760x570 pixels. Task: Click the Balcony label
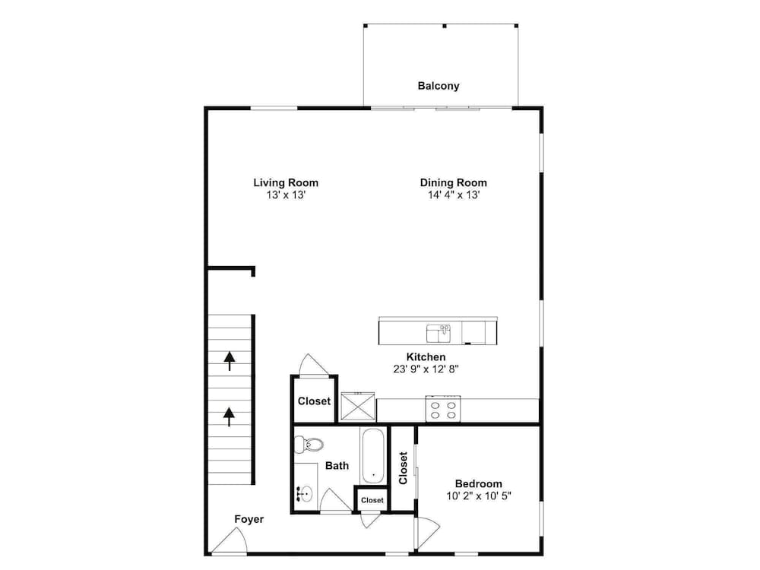coord(439,86)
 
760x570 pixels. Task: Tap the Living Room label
coord(286,182)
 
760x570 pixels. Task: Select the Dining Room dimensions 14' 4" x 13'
coord(453,195)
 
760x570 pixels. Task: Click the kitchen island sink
coord(439,334)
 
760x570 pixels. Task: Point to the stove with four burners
coord(443,409)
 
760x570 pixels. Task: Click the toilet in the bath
coord(309,444)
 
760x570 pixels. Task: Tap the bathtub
coord(372,455)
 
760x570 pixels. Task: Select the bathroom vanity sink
coord(305,495)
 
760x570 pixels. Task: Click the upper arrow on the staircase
coord(230,361)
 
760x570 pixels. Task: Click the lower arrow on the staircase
coord(229,416)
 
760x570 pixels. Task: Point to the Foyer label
coord(249,519)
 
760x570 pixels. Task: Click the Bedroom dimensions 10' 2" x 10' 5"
coord(478,496)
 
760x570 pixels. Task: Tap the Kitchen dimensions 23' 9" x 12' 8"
coord(426,369)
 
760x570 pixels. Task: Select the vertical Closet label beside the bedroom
coord(403,467)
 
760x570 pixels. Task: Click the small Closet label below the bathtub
coord(372,500)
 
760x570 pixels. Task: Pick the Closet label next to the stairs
coord(314,401)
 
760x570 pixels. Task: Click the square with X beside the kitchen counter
coord(358,407)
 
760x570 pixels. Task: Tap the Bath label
coord(337,466)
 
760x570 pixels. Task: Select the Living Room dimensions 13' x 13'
coord(286,195)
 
